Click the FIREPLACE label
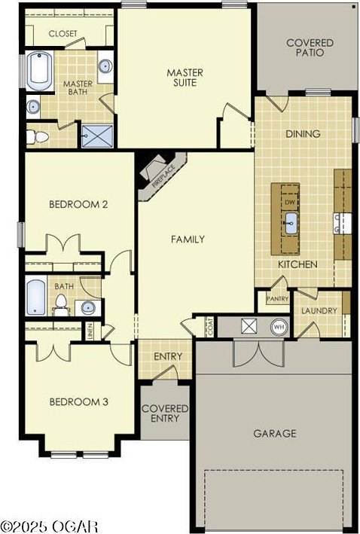pos(164,176)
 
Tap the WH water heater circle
pos(279,327)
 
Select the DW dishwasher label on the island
pos(290,203)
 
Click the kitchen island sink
pos(291,224)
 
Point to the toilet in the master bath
pos(38,137)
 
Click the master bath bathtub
pos(39,72)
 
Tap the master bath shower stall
pos(97,136)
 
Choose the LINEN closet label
pos(90,331)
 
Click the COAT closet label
pos(210,327)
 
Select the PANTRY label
pos(278,299)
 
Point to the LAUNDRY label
pos(319,310)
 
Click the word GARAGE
pos(274,434)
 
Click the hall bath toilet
pos(61,305)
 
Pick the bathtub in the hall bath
pos(35,297)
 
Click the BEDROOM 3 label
pos(78,402)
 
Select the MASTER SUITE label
pos(185,78)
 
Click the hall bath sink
pos(88,307)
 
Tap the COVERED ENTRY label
pos(165,413)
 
